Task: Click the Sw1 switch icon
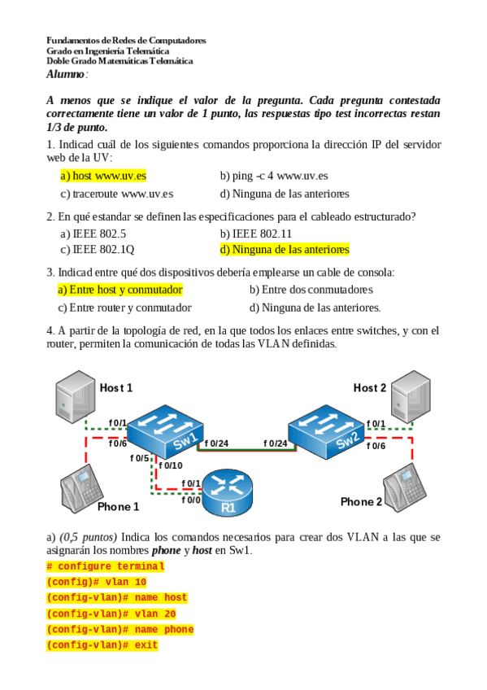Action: pos(165,431)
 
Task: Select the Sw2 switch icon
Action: pos(327,432)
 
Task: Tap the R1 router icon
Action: pos(228,492)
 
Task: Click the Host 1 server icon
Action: pos(75,396)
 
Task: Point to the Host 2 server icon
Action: pos(411,396)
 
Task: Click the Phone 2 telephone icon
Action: pos(404,487)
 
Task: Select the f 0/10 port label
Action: pos(171,465)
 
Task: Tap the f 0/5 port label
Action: pos(139,458)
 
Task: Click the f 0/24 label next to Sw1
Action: pos(216,443)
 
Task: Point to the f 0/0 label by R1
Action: pos(191,500)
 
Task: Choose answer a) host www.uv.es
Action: pos(103,176)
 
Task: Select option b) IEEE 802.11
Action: pos(256,234)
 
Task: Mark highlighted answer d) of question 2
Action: pos(285,250)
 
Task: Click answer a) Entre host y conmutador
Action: pos(120,290)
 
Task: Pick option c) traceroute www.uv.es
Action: pos(117,194)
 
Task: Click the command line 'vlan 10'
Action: pos(96,583)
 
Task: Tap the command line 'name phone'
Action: pos(120,630)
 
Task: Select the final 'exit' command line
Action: pos(102,645)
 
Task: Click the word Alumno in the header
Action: pos(65,74)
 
